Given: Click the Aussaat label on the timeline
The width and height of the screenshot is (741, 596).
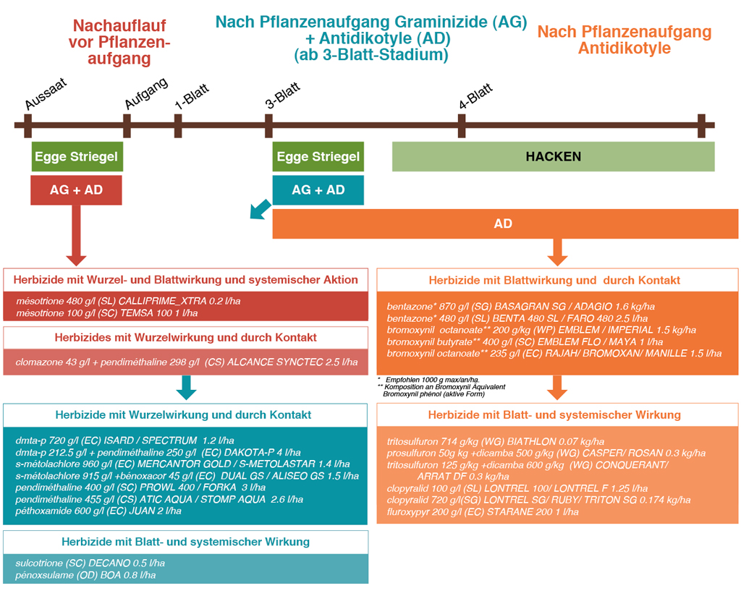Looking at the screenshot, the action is (x=46, y=93).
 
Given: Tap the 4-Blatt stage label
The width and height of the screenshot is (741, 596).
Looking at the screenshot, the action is (x=476, y=96).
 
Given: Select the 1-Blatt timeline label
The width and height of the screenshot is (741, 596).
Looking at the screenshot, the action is (x=192, y=98).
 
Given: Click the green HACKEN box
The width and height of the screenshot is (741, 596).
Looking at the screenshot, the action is (x=553, y=156).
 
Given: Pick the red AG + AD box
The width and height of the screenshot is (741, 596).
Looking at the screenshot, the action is (x=76, y=190).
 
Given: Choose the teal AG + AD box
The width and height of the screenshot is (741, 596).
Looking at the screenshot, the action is (x=318, y=190).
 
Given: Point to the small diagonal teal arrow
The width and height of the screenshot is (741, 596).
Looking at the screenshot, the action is (x=261, y=210).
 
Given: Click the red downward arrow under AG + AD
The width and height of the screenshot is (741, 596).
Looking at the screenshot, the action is (x=76, y=235).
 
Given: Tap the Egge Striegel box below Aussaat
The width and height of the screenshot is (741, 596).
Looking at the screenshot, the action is (x=77, y=156).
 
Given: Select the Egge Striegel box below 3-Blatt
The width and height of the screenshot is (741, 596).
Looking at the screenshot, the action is (x=318, y=156).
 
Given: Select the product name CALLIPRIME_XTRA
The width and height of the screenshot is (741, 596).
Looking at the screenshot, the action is (x=162, y=302).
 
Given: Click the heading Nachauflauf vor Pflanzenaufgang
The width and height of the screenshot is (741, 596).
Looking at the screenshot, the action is (x=119, y=42).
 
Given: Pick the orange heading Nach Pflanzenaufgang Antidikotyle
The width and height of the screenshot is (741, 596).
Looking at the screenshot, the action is (x=624, y=40).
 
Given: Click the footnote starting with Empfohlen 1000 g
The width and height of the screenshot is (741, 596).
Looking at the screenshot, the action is (x=428, y=380).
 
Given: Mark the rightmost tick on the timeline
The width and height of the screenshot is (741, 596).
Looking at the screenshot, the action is (x=701, y=126).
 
